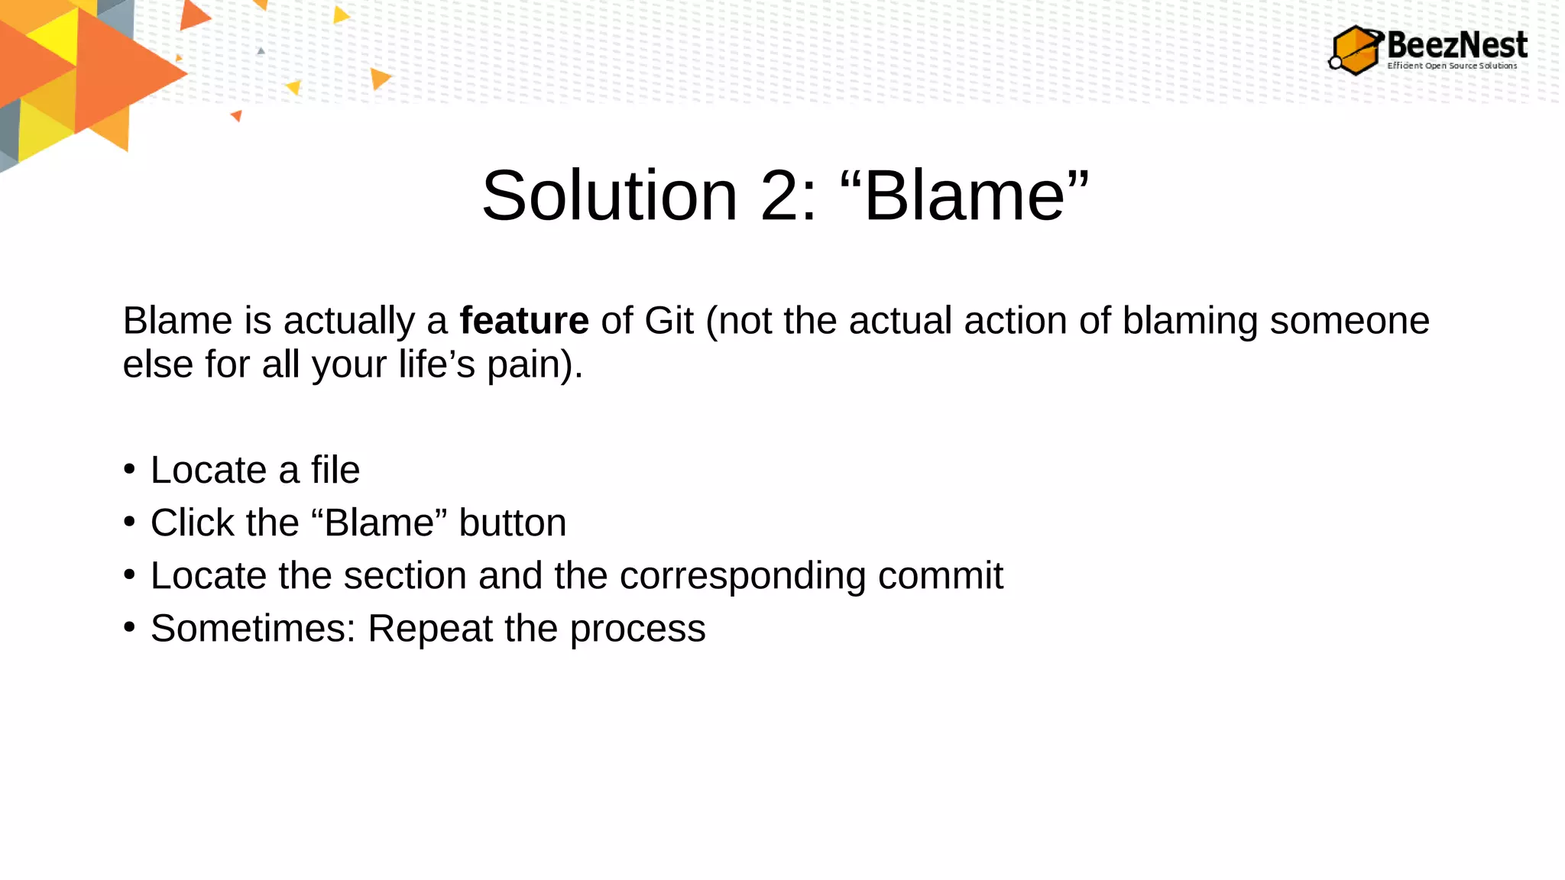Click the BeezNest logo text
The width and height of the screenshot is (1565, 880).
[x=1456, y=44]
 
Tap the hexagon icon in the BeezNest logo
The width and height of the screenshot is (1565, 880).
[x=1356, y=50]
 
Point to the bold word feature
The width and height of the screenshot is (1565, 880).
[x=523, y=320]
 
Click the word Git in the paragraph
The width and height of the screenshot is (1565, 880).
[x=669, y=320]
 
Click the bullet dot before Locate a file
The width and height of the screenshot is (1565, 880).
[x=129, y=469]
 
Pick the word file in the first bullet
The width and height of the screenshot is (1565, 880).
[x=335, y=469]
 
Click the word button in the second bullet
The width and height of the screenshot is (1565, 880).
[x=512, y=522]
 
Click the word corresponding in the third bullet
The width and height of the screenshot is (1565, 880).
[x=742, y=575]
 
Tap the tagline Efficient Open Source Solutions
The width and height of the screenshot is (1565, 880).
[x=1452, y=66]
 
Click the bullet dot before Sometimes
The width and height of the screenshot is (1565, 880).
[x=129, y=627]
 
